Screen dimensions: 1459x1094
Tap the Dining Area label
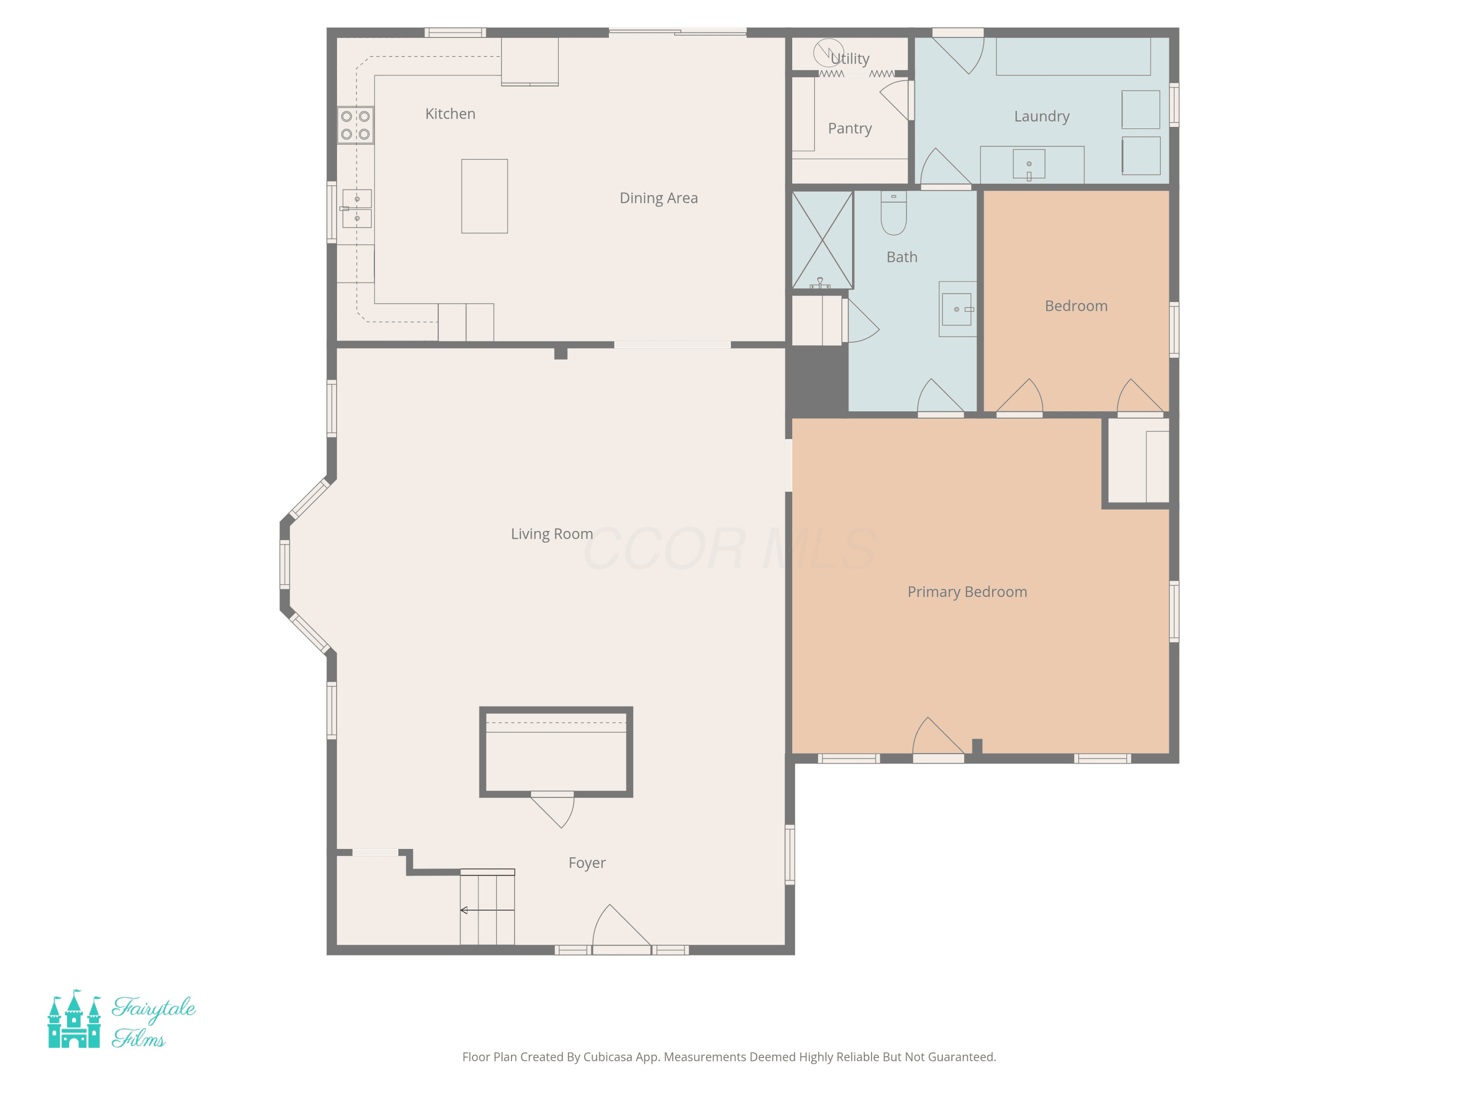coord(658,198)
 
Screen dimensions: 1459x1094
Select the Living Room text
coord(552,534)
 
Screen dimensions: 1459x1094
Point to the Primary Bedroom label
coord(967,592)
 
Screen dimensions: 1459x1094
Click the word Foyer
coord(587,863)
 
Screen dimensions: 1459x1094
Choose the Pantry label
coord(850,128)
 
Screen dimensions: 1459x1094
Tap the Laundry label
coord(1042,117)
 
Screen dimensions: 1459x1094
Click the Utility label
coord(850,59)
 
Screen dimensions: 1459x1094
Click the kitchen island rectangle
coord(484,196)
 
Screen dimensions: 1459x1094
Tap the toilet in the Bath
coord(894,213)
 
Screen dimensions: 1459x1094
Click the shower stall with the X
coord(822,240)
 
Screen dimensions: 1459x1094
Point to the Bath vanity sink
coord(957,309)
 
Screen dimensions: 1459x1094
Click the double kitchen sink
coord(357,209)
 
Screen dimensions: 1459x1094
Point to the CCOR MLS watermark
coord(729,548)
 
